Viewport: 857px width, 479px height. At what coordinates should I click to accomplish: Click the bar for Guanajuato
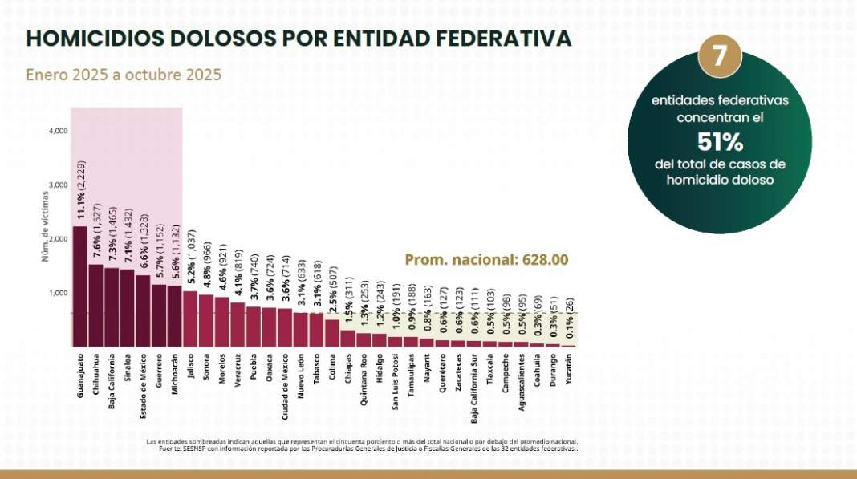pyautogui.click(x=79, y=286)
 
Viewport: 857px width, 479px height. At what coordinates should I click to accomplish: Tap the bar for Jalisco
pyautogui.click(x=190, y=318)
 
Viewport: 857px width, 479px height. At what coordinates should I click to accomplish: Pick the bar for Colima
pyautogui.click(x=331, y=332)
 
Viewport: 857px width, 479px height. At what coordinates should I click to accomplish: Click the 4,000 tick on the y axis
pyautogui.click(x=58, y=130)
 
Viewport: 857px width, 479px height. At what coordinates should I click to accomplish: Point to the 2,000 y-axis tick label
pyautogui.click(x=58, y=239)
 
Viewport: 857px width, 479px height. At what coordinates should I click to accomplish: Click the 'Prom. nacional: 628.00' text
pyautogui.click(x=486, y=259)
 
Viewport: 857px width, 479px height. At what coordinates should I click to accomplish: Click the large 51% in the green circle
pyautogui.click(x=720, y=142)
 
